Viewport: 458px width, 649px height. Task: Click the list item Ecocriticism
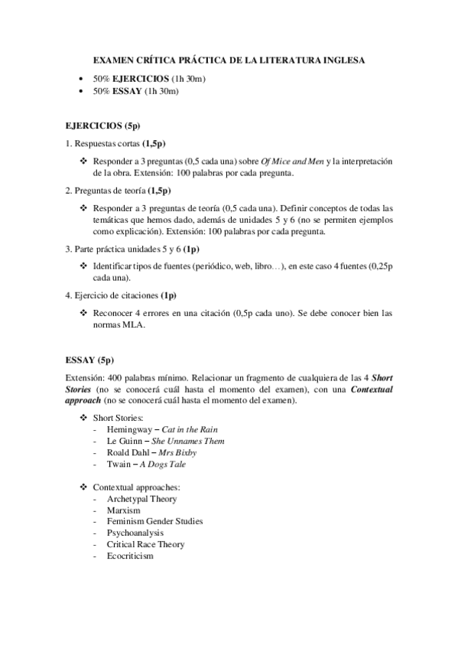(x=131, y=556)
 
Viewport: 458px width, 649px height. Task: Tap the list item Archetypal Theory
(x=142, y=498)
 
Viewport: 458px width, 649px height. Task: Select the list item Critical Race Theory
(x=146, y=544)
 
